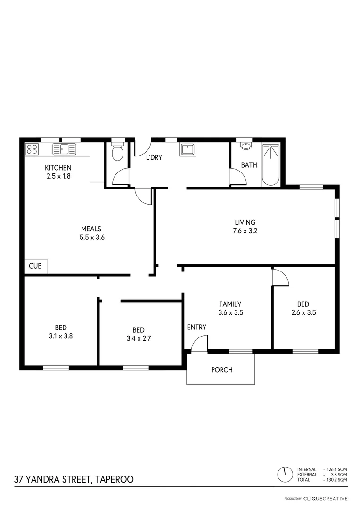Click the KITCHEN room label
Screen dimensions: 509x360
(x=58, y=168)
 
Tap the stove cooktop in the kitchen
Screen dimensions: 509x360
(x=32, y=149)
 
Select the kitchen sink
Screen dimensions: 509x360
(x=65, y=149)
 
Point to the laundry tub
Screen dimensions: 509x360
(x=188, y=150)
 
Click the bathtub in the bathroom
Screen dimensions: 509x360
(x=271, y=164)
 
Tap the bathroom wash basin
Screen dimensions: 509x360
(x=245, y=146)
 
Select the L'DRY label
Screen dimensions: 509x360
(x=154, y=157)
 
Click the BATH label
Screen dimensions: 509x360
(x=249, y=165)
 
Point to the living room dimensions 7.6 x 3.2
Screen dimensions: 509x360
(x=245, y=231)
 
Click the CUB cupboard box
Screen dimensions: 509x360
(x=35, y=266)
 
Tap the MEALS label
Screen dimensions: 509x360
(x=91, y=229)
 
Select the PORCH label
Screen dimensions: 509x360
(x=221, y=370)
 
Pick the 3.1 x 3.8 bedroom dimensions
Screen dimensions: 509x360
(x=61, y=337)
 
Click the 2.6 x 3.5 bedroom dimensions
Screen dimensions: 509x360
(x=303, y=312)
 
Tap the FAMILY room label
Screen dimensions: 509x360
(x=230, y=304)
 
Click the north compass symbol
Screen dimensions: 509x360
(x=285, y=474)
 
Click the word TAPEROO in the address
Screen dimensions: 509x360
(x=115, y=480)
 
